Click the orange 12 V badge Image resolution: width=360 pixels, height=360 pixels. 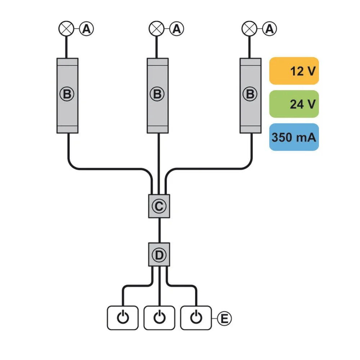point(294,71)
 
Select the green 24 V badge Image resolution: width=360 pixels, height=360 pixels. point(294,104)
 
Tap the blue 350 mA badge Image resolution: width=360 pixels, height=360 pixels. point(294,137)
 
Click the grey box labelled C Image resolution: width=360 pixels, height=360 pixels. point(159,206)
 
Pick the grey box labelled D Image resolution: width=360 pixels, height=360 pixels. point(159,255)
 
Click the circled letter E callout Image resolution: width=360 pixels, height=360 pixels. point(224,319)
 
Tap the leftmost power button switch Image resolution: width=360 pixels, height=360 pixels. point(123,318)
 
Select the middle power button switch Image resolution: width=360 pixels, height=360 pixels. point(159,318)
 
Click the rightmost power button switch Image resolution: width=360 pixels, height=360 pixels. point(196,318)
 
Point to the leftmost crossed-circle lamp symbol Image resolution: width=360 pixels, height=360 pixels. point(66,29)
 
